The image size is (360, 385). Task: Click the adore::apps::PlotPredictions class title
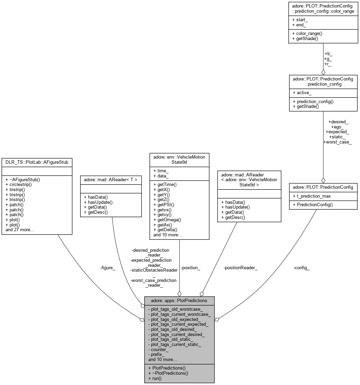[x=179, y=301]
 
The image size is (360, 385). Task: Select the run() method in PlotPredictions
[x=154, y=378]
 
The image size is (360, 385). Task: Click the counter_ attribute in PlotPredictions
[x=158, y=349]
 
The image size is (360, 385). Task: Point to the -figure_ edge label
[x=108, y=268]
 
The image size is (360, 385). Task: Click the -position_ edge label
[x=190, y=268]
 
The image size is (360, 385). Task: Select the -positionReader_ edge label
[x=240, y=268]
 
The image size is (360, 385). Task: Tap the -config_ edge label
[x=301, y=268]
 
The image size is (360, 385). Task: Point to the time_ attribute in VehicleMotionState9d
[x=161, y=171]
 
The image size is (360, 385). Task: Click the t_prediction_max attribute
[x=312, y=196]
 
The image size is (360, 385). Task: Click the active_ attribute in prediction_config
[x=302, y=92]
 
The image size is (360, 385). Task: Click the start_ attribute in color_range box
[x=300, y=20]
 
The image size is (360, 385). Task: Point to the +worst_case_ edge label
[x=337, y=142]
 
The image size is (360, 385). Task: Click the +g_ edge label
[x=328, y=59]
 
